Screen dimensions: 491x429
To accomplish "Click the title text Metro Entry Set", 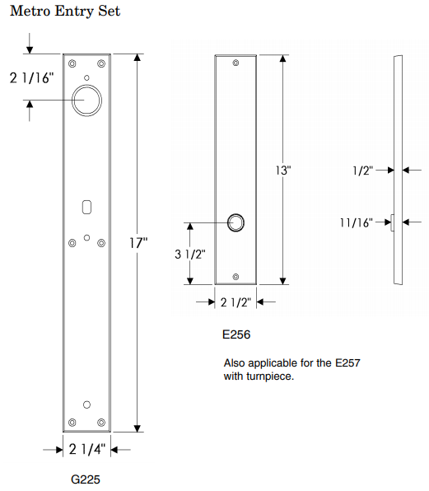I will click(x=65, y=12).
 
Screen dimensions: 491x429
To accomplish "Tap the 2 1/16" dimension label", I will click(x=32, y=79).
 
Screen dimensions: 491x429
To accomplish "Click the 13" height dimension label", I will click(x=283, y=171).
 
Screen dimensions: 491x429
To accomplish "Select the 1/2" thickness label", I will click(x=362, y=171).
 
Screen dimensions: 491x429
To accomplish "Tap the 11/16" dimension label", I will click(x=356, y=222).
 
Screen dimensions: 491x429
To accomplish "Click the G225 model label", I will click(x=86, y=479).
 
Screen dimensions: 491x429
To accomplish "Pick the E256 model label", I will click(x=235, y=335).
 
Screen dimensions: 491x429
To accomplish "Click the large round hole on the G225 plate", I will click(x=87, y=101).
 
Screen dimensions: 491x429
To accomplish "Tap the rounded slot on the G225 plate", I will click(x=87, y=203).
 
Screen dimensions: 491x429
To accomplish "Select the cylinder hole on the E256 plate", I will click(x=235, y=222).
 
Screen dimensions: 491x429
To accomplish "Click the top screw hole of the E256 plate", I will click(x=236, y=63).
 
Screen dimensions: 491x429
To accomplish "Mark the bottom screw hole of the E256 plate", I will click(x=236, y=276).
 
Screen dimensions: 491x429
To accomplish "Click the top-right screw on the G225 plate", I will click(x=101, y=63).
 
